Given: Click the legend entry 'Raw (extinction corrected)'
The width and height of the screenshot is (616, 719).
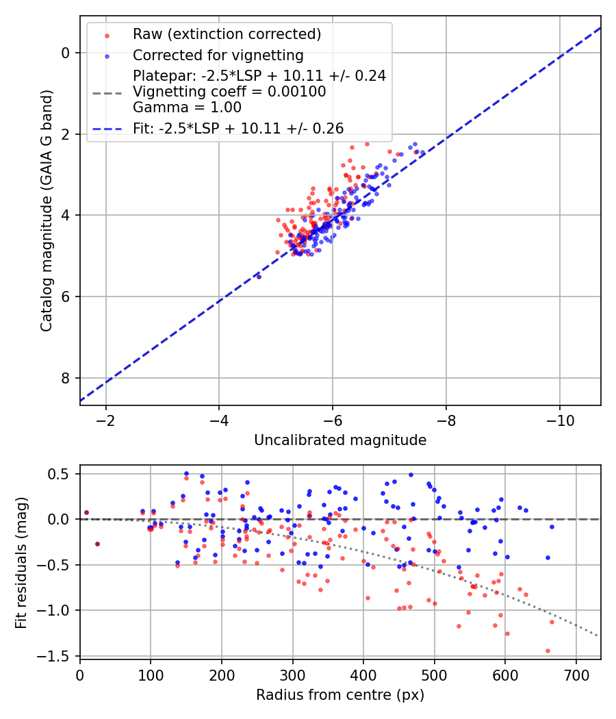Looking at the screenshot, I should (x=227, y=34).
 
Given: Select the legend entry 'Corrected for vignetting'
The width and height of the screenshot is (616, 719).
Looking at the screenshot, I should (x=218, y=55).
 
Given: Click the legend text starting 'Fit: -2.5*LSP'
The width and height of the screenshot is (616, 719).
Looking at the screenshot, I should (x=238, y=128).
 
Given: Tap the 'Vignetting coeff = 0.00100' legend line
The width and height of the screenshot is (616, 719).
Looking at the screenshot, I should (x=229, y=92).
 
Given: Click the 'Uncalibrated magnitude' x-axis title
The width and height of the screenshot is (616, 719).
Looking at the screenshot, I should (x=340, y=440).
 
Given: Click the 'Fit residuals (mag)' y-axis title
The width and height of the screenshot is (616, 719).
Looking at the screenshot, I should (x=21, y=562).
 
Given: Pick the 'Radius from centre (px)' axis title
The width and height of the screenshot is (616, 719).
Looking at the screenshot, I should (x=340, y=695).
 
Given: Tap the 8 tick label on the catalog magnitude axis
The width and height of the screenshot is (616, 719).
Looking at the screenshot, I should (x=66, y=378).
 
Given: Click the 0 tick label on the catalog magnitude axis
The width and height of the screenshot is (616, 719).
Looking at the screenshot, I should (x=66, y=53).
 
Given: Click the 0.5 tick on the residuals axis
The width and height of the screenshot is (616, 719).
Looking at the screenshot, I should (x=62, y=474).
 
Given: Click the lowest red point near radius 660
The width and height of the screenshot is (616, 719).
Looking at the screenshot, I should (x=548, y=651).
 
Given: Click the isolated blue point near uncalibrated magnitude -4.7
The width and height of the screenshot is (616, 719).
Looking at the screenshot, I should (x=259, y=277).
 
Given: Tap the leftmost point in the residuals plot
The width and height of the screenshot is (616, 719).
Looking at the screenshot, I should (x=86, y=512).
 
